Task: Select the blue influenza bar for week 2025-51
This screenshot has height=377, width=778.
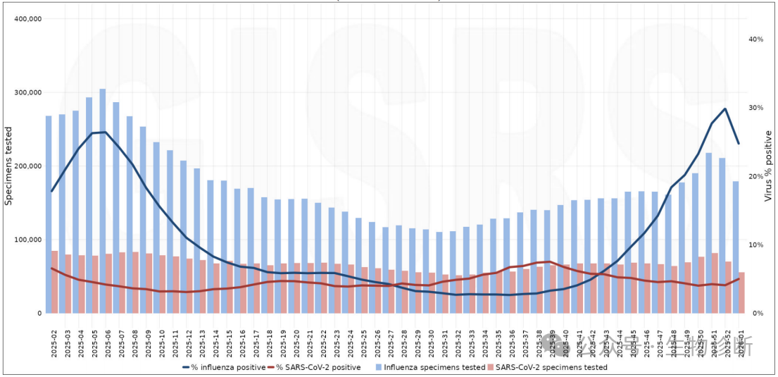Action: click(709, 233)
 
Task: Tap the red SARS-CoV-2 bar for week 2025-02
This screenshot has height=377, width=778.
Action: click(55, 282)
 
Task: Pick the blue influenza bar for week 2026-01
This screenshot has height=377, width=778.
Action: click(736, 247)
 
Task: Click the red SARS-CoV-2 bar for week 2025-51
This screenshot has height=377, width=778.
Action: click(715, 283)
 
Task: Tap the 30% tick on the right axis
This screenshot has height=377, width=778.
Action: click(756, 108)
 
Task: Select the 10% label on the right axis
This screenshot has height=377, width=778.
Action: click(756, 245)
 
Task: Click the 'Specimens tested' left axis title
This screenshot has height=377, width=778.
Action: click(9, 166)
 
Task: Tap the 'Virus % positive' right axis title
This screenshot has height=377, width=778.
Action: click(769, 169)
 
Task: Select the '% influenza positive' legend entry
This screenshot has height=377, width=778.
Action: click(224, 367)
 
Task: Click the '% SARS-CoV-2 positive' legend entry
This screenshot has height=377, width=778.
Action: click(318, 367)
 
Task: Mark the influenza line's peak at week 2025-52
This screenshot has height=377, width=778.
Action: click(725, 109)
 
